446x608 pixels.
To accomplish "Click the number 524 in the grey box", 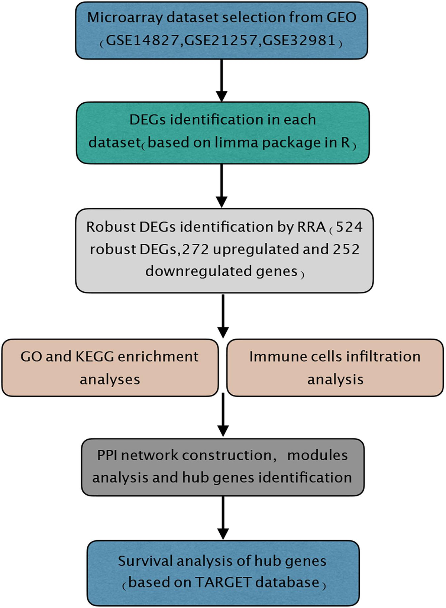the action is (x=349, y=227).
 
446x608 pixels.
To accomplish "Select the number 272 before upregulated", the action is (x=195, y=249).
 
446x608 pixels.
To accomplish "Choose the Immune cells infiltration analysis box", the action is (x=335, y=368).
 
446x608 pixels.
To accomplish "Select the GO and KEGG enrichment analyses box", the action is (x=110, y=368).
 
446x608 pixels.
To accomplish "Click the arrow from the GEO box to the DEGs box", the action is (x=222, y=80).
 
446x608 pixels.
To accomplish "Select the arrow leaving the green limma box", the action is (x=222, y=186).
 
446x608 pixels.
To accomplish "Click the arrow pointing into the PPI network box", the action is (x=223, y=415).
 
